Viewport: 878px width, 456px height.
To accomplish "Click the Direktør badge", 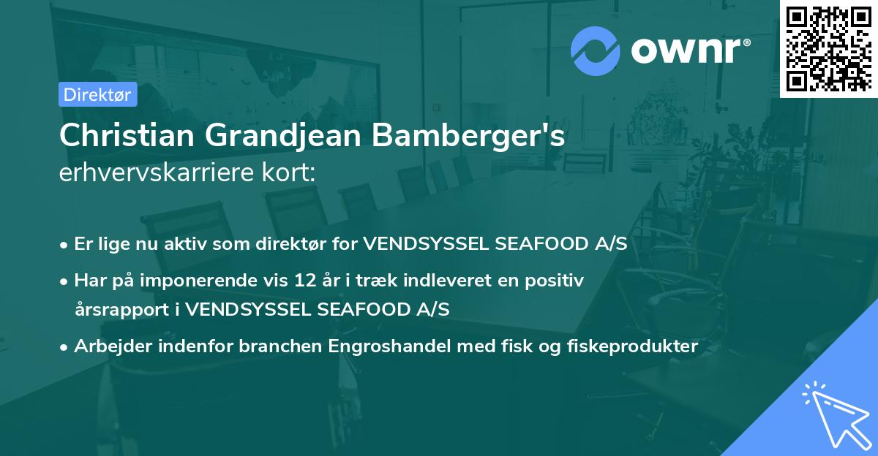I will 97,94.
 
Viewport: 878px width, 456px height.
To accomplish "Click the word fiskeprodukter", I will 632,346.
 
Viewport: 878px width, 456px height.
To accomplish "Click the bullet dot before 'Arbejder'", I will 64,347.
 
